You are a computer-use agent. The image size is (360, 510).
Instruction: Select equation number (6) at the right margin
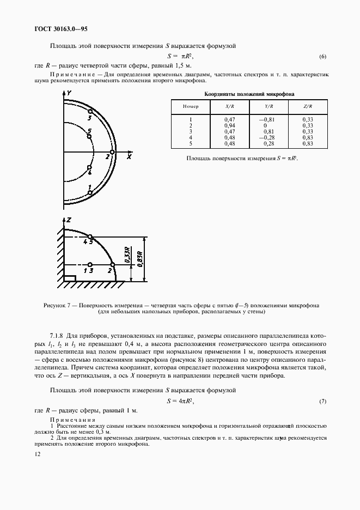pos(322,57)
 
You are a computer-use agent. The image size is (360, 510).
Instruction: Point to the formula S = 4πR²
pos(180,401)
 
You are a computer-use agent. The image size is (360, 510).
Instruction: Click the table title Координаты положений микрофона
pos(248,94)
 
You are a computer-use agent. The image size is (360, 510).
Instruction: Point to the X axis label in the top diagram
pos(129,156)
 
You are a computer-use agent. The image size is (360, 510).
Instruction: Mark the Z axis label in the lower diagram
pos(69,220)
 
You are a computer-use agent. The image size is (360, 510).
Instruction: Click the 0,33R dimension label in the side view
pos(126,255)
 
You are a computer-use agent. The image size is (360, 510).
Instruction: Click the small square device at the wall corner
pos(69,278)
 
